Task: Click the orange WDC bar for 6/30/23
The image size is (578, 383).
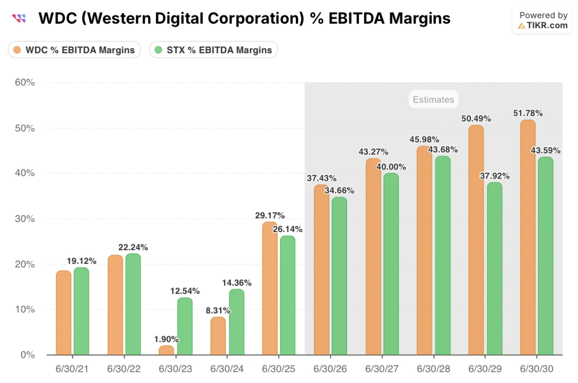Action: tap(167, 350)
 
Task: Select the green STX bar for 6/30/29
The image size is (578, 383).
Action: tap(494, 268)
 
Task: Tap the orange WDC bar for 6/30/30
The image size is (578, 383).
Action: tap(528, 237)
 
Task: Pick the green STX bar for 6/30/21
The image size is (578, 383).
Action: tap(81, 311)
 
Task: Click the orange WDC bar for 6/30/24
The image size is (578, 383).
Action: tap(218, 336)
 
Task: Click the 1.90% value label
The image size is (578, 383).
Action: tap(167, 339)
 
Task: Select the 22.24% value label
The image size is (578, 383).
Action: tap(133, 247)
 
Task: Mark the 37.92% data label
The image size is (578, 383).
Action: tap(494, 176)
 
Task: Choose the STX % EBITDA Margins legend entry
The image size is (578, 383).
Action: tap(213, 50)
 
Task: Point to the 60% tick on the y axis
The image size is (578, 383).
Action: tap(24, 82)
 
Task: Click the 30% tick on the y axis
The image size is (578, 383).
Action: tap(24, 219)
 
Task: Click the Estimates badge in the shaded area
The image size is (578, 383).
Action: tap(433, 99)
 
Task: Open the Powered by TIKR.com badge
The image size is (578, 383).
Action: tap(542, 21)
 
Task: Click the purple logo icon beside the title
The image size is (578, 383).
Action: tap(19, 19)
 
